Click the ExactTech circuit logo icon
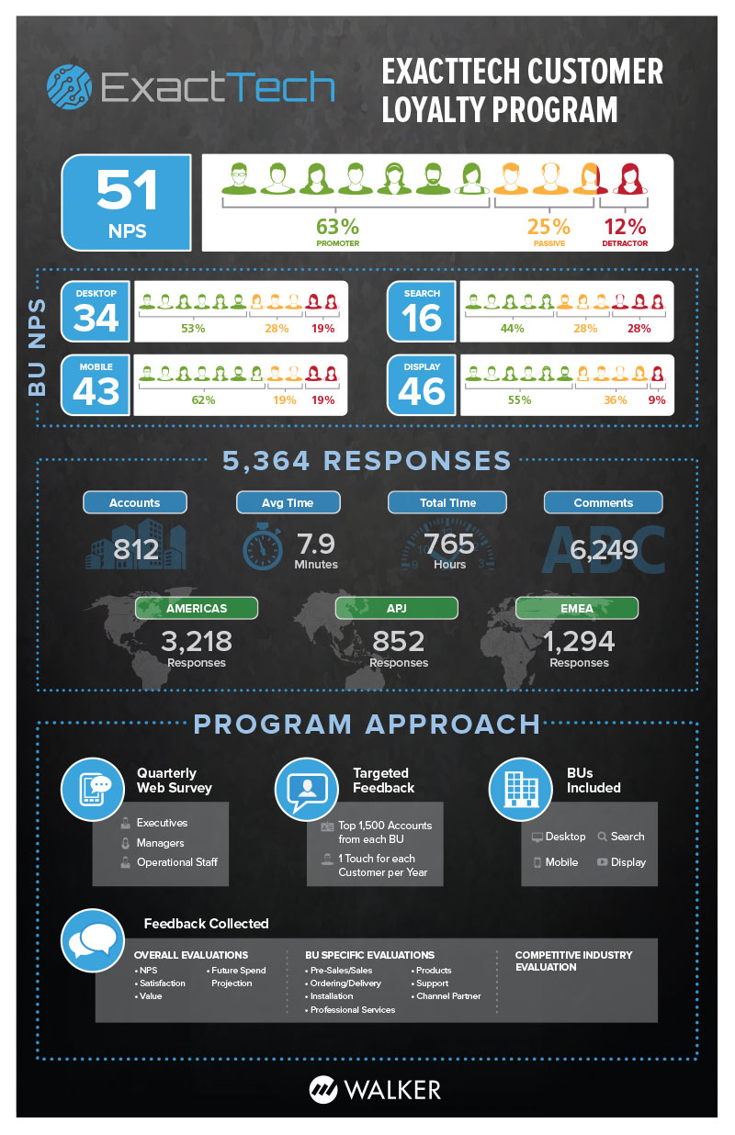pyautogui.click(x=70, y=86)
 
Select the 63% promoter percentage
pyautogui.click(x=337, y=226)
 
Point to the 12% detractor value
pyautogui.click(x=625, y=226)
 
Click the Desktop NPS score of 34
pyautogui.click(x=96, y=318)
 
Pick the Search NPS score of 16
pyautogui.click(x=423, y=318)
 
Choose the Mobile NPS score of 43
pyautogui.click(x=96, y=390)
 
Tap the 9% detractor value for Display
pyautogui.click(x=656, y=400)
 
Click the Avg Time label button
pyautogui.click(x=288, y=502)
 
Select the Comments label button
pyautogui.click(x=603, y=502)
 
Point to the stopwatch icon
pyautogui.click(x=263, y=548)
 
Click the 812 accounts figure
pyautogui.click(x=136, y=550)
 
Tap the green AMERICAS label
pyautogui.click(x=196, y=608)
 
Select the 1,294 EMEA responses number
pyautogui.click(x=579, y=640)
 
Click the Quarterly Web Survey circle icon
pyautogui.click(x=92, y=789)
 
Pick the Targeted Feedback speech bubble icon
pyautogui.click(x=307, y=789)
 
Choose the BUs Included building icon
pyautogui.click(x=520, y=789)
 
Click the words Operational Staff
pyautogui.click(x=177, y=862)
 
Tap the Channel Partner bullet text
pyautogui.click(x=448, y=995)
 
